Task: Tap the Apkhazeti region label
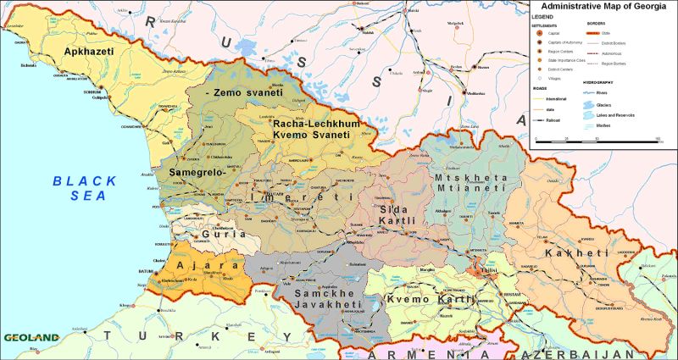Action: [87, 51]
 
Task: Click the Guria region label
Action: [223, 233]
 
